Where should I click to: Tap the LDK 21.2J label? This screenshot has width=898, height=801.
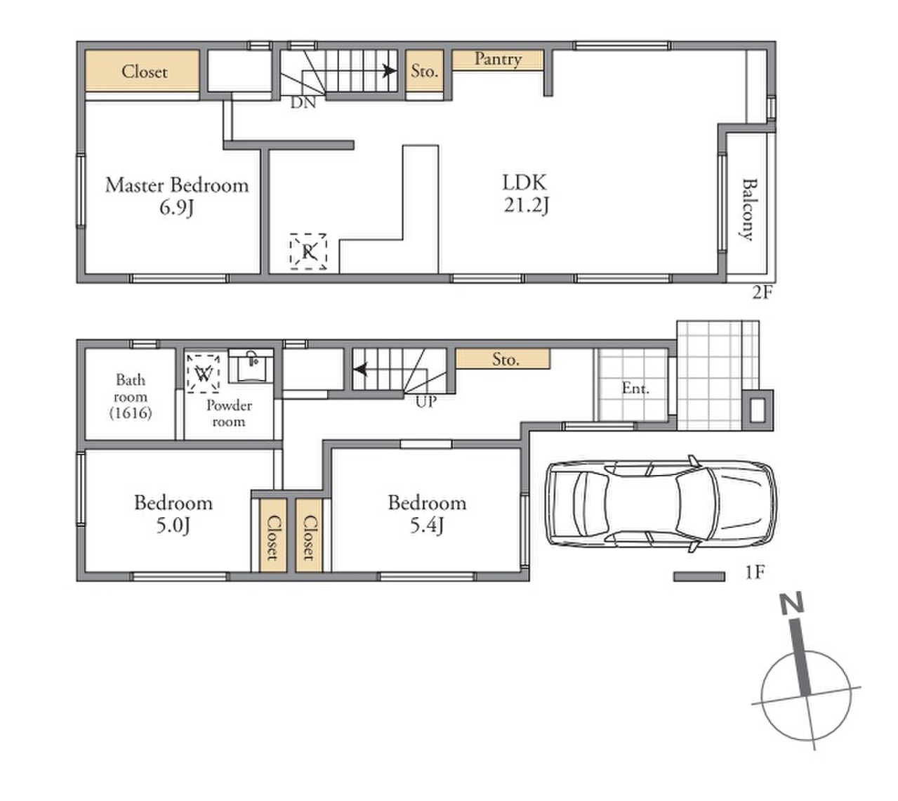click(526, 193)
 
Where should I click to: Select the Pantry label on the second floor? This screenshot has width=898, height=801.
click(498, 59)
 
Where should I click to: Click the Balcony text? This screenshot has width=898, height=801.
click(748, 209)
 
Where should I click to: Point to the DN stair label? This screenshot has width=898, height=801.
click(303, 103)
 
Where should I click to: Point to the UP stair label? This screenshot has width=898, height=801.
click(426, 402)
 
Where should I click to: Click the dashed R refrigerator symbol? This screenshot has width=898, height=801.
click(308, 252)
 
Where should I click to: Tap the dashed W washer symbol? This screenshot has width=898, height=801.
click(204, 373)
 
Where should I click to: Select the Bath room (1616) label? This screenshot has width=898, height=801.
click(131, 396)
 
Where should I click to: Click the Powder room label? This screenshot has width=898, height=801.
click(229, 413)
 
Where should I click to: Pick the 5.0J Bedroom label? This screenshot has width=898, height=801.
click(173, 514)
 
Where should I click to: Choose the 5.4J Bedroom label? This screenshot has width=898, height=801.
click(428, 514)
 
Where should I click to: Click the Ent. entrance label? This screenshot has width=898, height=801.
click(635, 389)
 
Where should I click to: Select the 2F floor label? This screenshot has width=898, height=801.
click(762, 292)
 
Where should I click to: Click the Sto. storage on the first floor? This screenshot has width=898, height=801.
click(503, 359)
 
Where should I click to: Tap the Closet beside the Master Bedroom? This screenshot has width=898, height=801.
click(143, 71)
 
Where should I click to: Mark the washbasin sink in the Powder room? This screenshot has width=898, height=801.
click(251, 366)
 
